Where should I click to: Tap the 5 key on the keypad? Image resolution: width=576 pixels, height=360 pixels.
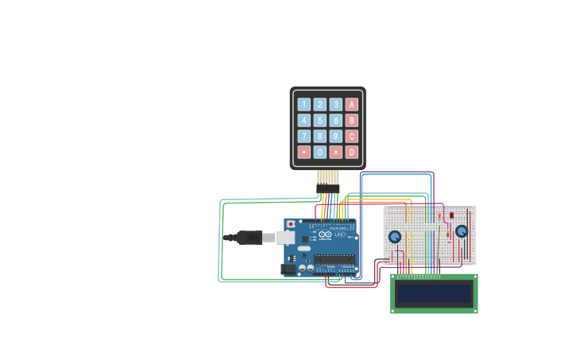(319, 120)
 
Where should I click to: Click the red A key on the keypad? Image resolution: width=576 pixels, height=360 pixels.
(351, 104)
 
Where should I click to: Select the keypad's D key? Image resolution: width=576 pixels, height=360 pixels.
(351, 152)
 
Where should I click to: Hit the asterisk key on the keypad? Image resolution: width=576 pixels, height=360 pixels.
(303, 152)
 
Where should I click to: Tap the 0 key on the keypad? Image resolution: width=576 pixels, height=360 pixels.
(319, 152)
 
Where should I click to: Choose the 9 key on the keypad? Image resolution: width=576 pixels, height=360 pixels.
(335, 136)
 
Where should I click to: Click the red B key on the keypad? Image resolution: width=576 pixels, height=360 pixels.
(351, 120)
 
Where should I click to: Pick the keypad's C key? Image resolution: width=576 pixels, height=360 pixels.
(351, 136)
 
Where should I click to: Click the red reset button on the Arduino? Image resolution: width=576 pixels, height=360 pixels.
(291, 225)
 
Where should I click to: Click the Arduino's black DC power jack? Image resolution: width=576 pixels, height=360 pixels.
(288, 269)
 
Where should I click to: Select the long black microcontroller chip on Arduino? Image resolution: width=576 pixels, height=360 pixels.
(333, 260)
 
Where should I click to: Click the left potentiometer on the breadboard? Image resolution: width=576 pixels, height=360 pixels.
(395, 237)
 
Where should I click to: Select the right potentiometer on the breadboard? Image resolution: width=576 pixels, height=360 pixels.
(462, 231)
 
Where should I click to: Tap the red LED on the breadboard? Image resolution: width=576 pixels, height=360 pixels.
(451, 215)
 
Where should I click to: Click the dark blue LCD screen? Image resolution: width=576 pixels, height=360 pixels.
(434, 294)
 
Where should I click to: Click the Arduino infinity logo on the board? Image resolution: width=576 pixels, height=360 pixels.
(325, 236)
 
